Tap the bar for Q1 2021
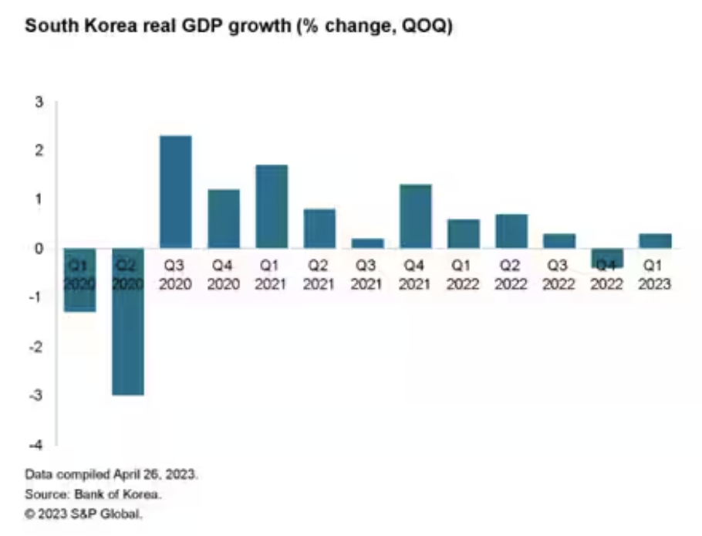[272, 206]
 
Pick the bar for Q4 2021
[417, 216]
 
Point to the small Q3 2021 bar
[368, 243]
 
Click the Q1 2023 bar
[655, 241]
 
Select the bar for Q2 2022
[511, 231]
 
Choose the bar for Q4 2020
[223, 219]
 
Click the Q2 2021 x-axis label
[319, 274]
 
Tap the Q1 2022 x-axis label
[463, 274]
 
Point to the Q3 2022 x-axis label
[559, 274]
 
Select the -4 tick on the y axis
[37, 446]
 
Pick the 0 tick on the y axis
[40, 249]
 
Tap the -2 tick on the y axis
[37, 348]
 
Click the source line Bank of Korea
[96, 494]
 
